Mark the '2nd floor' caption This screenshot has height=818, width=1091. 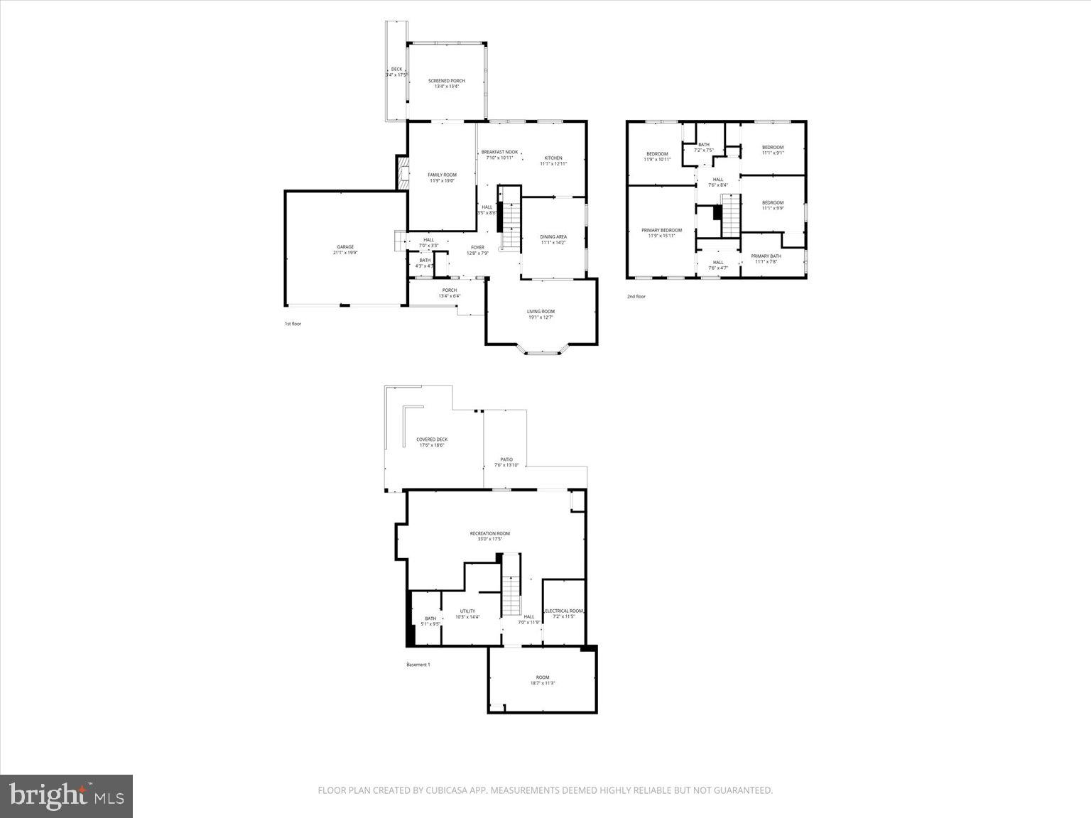click(636, 296)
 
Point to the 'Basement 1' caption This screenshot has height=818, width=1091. click(418, 665)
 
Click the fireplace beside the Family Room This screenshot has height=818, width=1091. click(402, 174)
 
